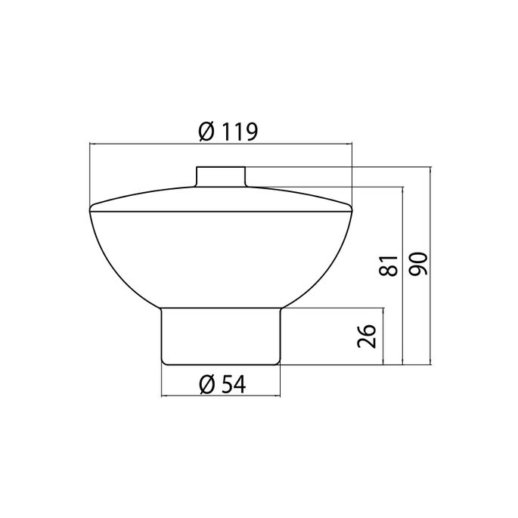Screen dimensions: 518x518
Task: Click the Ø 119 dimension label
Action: coord(228,132)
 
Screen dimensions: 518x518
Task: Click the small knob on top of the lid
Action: coord(220,175)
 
